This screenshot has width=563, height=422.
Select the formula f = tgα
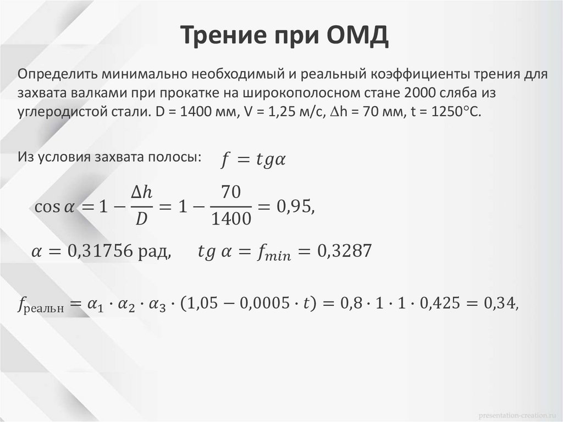(254, 160)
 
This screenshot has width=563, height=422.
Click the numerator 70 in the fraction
(231, 193)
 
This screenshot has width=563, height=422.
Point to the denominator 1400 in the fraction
(231, 218)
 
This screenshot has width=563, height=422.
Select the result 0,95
(295, 206)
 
